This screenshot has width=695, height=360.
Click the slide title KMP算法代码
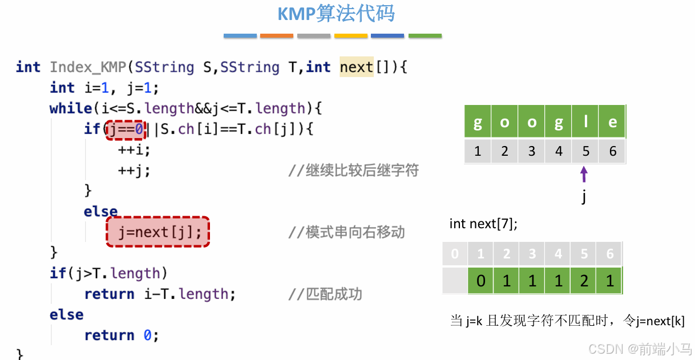pyautogui.click(x=336, y=14)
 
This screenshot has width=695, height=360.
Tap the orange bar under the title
pyautogui.click(x=277, y=35)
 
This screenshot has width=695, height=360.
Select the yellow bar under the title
pyautogui.click(x=351, y=35)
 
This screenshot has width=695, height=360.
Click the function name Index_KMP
pyautogui.click(x=87, y=67)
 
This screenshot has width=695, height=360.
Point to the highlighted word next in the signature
pyautogui.click(x=356, y=67)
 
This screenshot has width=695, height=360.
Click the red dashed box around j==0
pyautogui.click(x=126, y=129)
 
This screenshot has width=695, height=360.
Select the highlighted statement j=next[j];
pyautogui.click(x=158, y=232)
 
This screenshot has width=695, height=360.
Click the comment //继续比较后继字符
pyautogui.click(x=354, y=170)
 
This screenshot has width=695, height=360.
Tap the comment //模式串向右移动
pyautogui.click(x=346, y=232)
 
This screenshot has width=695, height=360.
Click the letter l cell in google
pyautogui.click(x=585, y=122)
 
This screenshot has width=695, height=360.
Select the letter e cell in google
pyautogui.click(x=612, y=122)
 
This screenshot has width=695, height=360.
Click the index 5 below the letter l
pyautogui.click(x=585, y=152)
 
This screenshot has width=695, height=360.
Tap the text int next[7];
pyautogui.click(x=483, y=224)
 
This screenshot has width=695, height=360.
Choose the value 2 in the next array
pyautogui.click(x=584, y=281)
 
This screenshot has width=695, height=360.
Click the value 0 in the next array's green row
pyautogui.click(x=481, y=281)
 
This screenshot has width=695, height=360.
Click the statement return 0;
pyautogui.click(x=122, y=335)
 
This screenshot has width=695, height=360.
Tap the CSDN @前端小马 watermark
pyautogui.click(x=640, y=349)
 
